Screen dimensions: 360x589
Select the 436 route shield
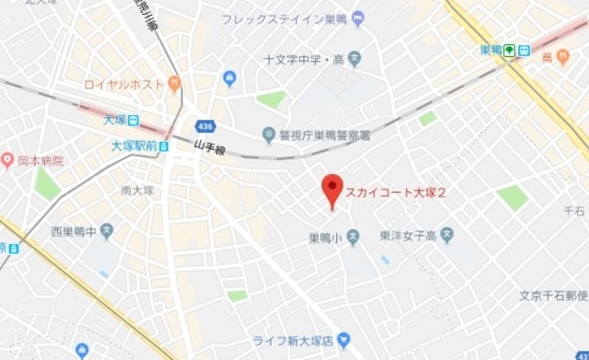click(x=206, y=125)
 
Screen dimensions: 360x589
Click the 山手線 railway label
click(x=210, y=146)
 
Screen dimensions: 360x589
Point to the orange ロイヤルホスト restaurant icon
click(x=174, y=84)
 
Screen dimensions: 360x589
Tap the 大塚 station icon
click(x=133, y=120)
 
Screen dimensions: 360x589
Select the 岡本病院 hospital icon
click(x=8, y=160)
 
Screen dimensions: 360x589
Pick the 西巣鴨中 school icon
click(x=107, y=230)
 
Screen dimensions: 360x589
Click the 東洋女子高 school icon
click(x=446, y=236)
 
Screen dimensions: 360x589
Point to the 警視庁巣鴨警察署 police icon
click(x=270, y=134)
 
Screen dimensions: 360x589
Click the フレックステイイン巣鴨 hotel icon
click(x=358, y=17)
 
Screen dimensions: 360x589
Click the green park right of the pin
click(x=513, y=197)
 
